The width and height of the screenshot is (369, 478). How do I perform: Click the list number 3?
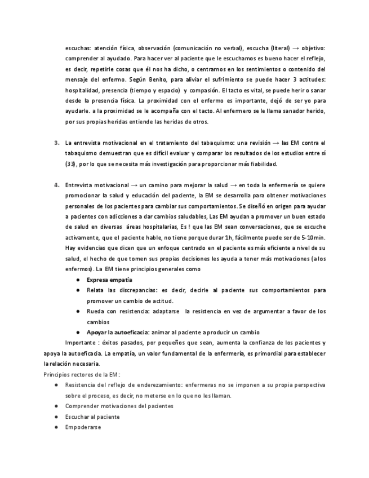coord(57,143)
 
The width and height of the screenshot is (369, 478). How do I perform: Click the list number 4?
coord(57,185)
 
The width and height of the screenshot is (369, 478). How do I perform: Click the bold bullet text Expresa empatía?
coord(109,280)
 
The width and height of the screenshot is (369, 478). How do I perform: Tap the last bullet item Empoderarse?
coord(83,427)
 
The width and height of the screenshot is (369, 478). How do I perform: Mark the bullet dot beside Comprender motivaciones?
coord(56,406)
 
